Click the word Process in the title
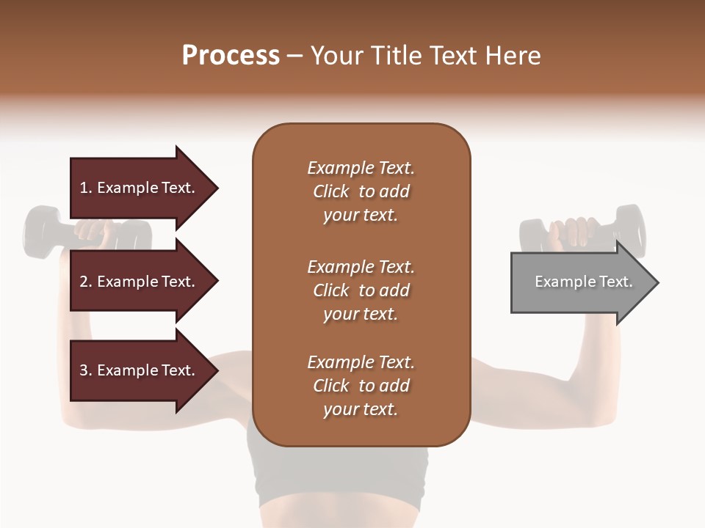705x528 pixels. [x=231, y=56]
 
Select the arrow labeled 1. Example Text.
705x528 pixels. [x=140, y=188]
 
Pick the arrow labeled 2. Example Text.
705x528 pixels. [x=140, y=282]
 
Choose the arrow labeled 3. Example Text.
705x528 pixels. [x=140, y=370]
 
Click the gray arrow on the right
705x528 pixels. [x=580, y=282]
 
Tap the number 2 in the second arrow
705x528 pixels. [x=84, y=282]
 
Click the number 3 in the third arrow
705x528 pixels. [x=84, y=370]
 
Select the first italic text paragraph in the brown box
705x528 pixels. [x=361, y=191]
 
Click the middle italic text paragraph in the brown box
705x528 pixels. [x=361, y=290]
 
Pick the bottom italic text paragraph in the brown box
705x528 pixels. [x=361, y=386]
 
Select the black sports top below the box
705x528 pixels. [x=338, y=473]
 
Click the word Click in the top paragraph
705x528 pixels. [x=331, y=191]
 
